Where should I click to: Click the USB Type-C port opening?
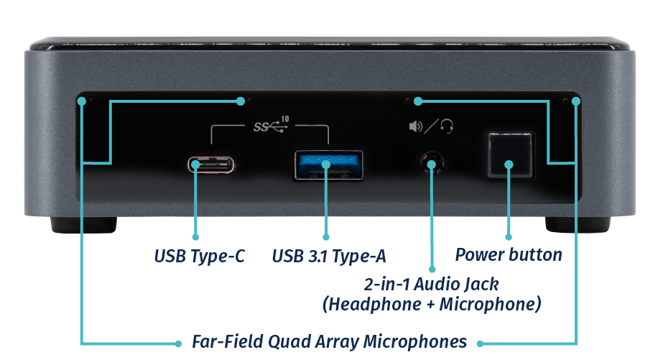(211, 165)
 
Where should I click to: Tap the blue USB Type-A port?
(327, 165)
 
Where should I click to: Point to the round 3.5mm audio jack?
(431, 164)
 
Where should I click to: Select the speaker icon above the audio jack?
(415, 127)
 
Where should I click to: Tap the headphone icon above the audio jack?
(447, 127)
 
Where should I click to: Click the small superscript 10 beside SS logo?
(285, 119)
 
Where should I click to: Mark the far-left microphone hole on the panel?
(82, 100)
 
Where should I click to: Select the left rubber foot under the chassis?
(81, 225)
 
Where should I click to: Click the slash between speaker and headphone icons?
(431, 127)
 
